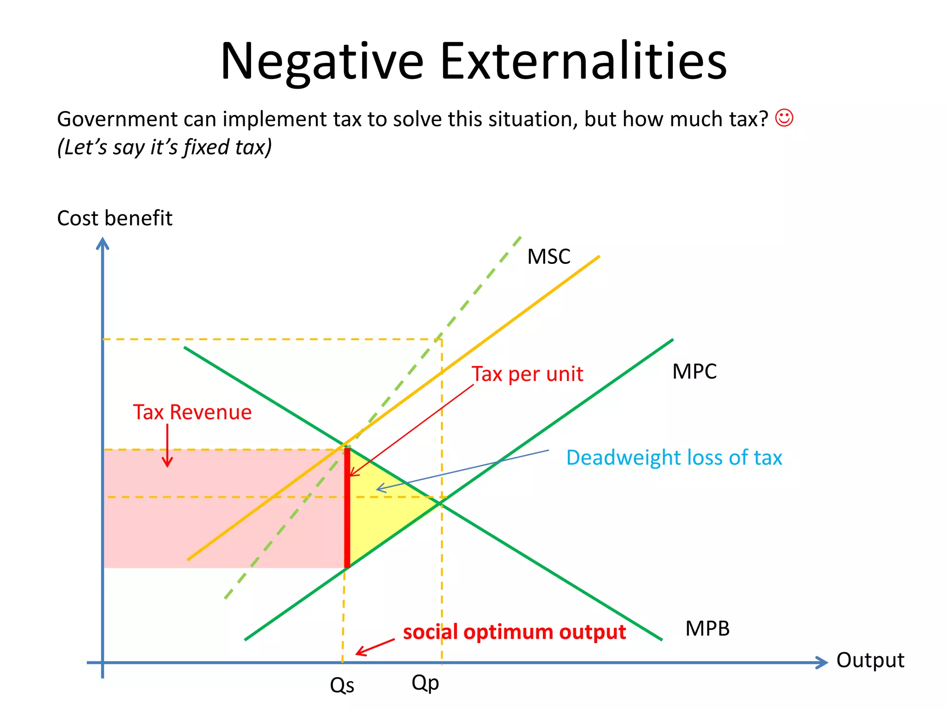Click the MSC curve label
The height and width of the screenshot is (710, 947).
[548, 257]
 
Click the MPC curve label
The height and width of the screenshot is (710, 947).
[694, 372]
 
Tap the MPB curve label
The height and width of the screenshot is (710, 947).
[707, 629]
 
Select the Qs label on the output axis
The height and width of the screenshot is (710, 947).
[342, 686]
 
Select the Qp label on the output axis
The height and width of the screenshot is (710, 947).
[425, 683]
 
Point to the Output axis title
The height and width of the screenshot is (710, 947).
[870, 660]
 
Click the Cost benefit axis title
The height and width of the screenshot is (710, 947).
[114, 218]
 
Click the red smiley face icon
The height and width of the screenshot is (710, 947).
[784, 118]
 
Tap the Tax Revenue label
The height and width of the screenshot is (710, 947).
[192, 412]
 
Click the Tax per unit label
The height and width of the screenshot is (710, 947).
[527, 374]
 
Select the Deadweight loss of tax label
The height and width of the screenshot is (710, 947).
[674, 458]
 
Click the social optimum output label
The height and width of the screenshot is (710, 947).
[514, 632]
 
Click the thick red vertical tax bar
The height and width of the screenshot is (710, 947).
[347, 508]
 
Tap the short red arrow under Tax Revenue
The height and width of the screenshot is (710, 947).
[167, 446]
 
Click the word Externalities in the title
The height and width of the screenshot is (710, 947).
[584, 61]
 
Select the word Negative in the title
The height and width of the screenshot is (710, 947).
[322, 61]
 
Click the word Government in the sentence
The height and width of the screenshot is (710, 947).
[117, 119]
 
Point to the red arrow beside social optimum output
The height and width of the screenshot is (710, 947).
[375, 647]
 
